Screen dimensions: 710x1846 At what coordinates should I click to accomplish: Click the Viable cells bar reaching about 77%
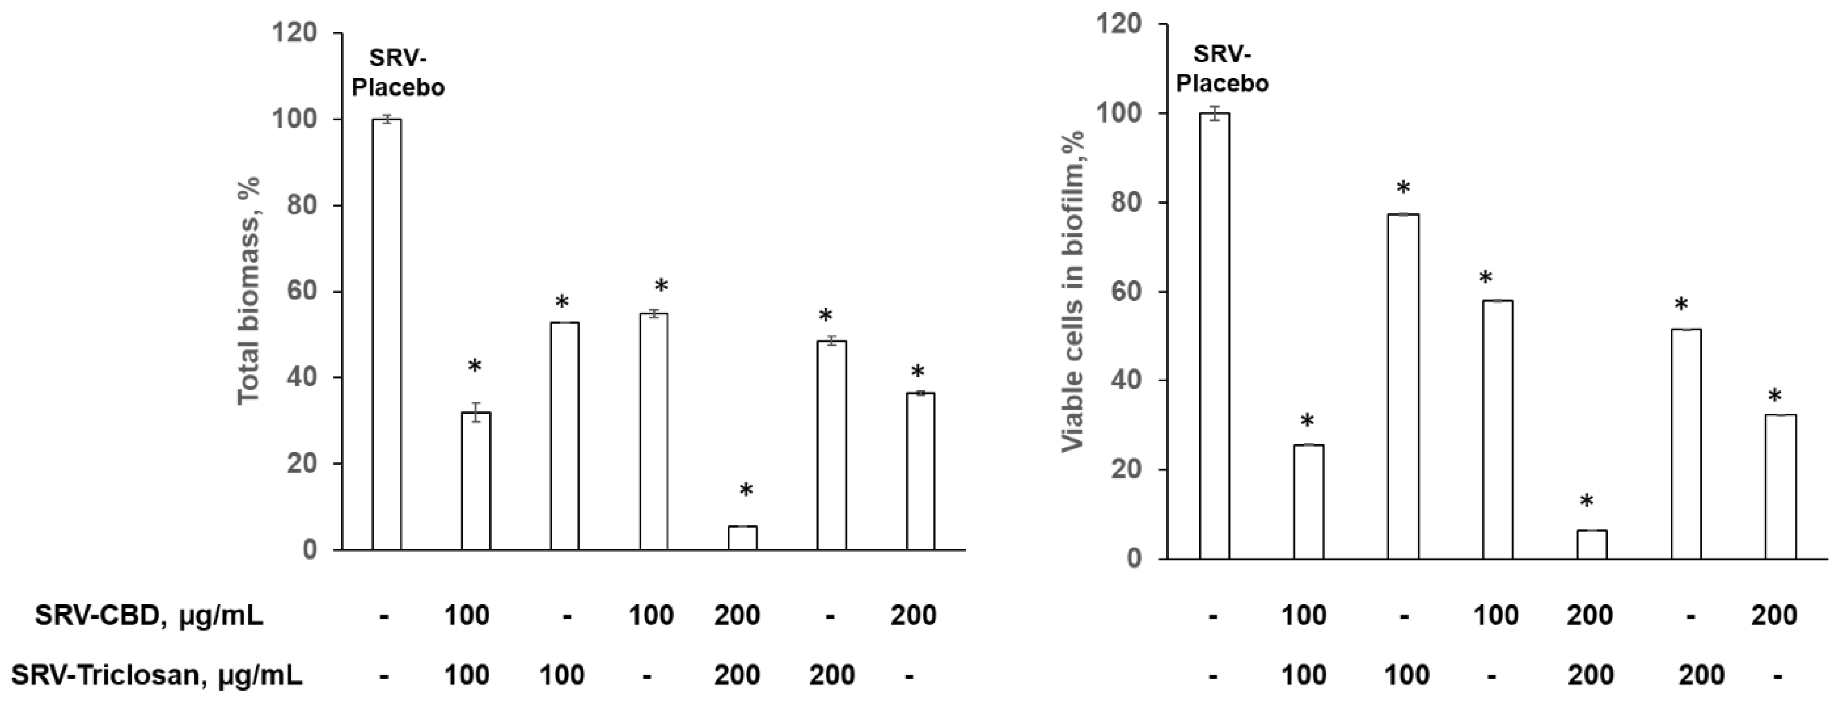click(1403, 386)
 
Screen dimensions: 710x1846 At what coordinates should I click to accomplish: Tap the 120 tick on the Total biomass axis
click(297, 33)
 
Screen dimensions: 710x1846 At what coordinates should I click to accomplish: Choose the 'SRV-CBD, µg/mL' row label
click(149, 615)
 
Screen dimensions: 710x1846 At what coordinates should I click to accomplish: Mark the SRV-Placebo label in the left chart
click(398, 72)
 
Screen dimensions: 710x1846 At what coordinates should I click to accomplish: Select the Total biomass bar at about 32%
click(475, 481)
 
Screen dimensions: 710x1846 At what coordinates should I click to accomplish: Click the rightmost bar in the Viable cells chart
click(1780, 486)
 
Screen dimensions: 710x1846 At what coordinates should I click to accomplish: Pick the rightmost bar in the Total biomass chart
click(920, 471)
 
